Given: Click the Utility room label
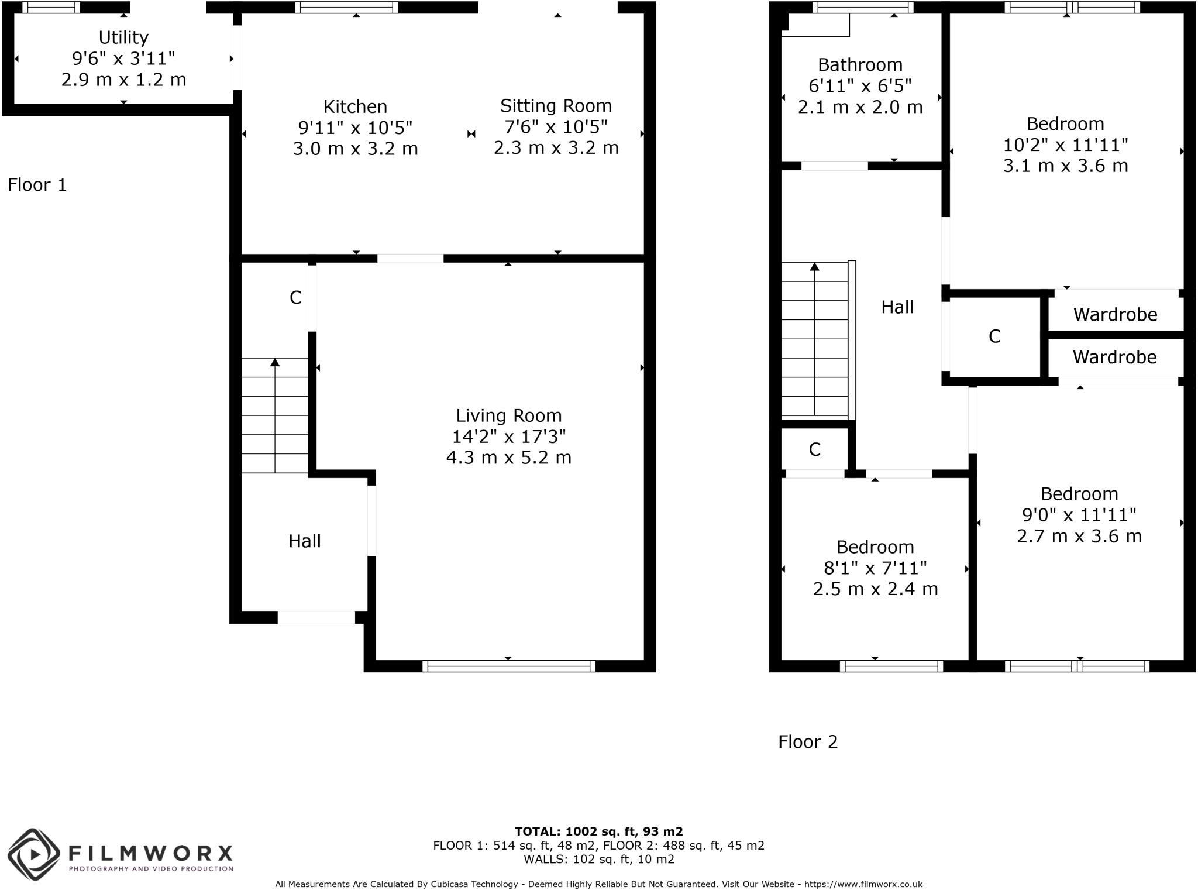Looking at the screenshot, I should tap(123, 37).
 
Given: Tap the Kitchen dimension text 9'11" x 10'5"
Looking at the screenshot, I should tap(355, 128).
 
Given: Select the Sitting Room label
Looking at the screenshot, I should tap(556, 106).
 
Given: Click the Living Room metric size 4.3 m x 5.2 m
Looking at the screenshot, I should tap(508, 458).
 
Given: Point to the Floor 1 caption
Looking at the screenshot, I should tap(37, 185).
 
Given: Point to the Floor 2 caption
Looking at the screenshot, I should tap(808, 742).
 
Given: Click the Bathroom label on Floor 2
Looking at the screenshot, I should tap(860, 65).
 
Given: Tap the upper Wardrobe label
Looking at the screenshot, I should tap(1115, 315).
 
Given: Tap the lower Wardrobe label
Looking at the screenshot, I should tap(1114, 358).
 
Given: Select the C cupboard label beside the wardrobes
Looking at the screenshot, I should tap(994, 336).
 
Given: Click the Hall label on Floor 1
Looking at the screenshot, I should tap(304, 541).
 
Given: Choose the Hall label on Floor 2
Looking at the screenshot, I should tap(897, 307).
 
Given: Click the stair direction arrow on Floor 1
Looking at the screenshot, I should tap(275, 363).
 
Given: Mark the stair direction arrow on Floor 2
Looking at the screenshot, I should tap(814, 267).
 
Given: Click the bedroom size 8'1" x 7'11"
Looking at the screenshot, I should tap(875, 568).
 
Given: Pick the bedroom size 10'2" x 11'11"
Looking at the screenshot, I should tap(1065, 145).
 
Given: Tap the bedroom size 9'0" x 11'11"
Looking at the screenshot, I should tap(1079, 515).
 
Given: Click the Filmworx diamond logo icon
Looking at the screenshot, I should tap(34, 855).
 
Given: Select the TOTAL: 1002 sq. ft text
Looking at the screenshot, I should tap(598, 831).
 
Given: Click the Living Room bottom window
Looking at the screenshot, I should tap(508, 666).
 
